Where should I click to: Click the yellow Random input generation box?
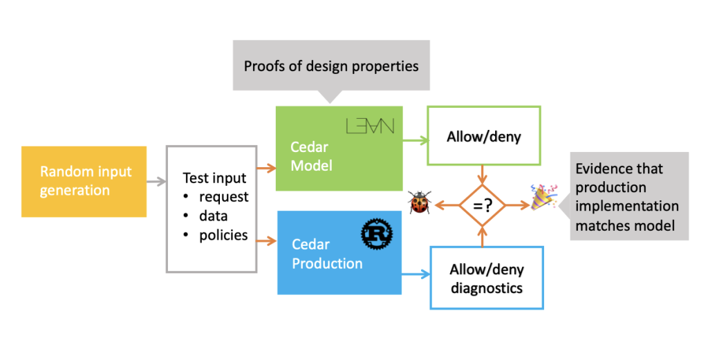pos(84,181)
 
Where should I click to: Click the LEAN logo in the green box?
pos(370,126)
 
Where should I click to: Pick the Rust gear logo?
pos(377,235)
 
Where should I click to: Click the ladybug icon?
pos(419,204)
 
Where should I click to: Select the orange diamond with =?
pos(482,205)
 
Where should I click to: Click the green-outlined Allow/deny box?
pos(483,137)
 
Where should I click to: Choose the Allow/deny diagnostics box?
pos(486,277)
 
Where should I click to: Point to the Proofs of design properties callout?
pos(331,66)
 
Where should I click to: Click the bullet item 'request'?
pos(223,197)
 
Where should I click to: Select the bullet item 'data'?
pos(213,216)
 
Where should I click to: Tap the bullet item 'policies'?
pos(223,235)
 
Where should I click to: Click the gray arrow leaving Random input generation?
pos(156,182)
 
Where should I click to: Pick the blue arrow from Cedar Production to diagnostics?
pos(415,274)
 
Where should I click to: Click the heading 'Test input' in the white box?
pos(214,178)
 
